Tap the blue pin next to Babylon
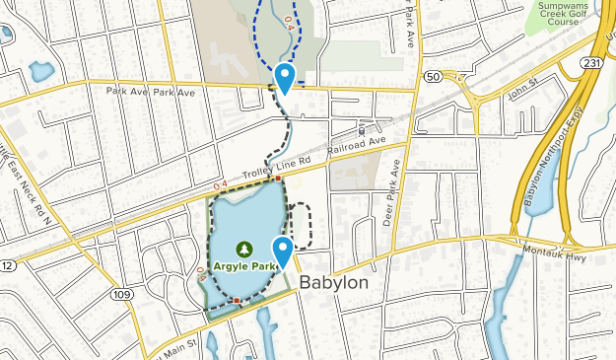coord(284,252)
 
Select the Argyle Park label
coord(244,266)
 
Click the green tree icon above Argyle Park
coord(244,250)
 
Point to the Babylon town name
coord(333,283)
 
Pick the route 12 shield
coord(6,266)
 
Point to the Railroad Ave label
coord(358,145)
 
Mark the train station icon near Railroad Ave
coord(363,129)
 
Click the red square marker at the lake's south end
coord(237,300)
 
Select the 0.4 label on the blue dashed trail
coord(288,20)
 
